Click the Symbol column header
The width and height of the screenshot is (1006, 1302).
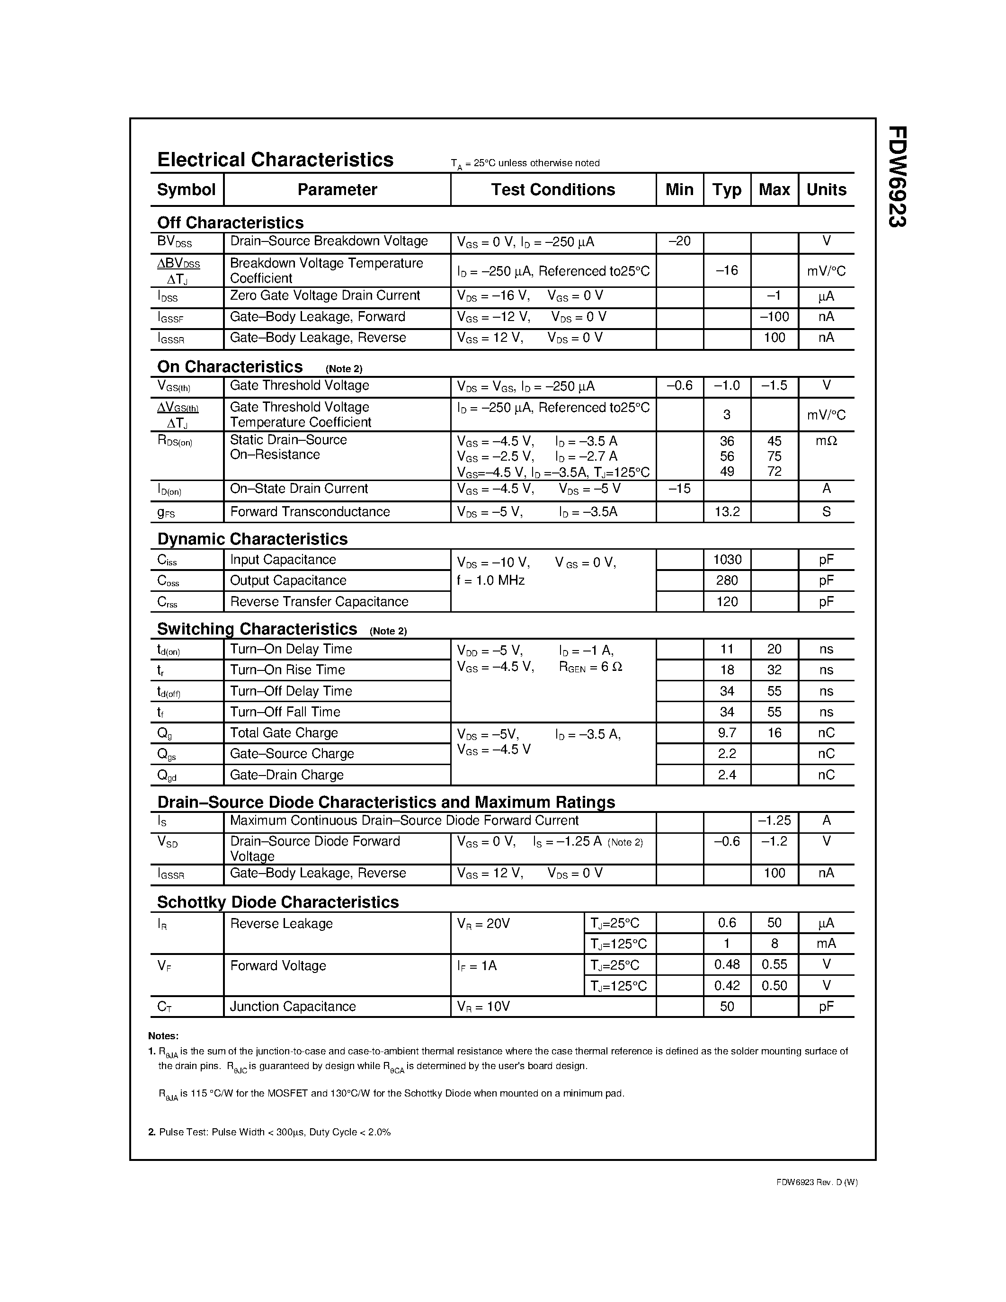(x=186, y=189)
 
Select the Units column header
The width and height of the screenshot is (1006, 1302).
(x=826, y=189)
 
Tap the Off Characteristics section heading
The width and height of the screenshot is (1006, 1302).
(x=230, y=223)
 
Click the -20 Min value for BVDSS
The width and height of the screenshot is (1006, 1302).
(x=679, y=241)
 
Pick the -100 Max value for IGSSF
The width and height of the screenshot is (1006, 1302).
(x=774, y=317)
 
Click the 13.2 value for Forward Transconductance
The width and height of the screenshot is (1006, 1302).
(x=727, y=511)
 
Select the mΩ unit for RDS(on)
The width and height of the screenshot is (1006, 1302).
(x=826, y=441)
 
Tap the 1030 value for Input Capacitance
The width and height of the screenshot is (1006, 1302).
(x=727, y=559)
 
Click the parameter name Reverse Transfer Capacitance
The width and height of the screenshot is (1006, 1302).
(x=319, y=601)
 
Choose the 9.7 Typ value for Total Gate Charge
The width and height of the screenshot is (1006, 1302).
(x=727, y=733)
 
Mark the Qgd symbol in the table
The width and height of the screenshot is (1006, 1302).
(x=166, y=775)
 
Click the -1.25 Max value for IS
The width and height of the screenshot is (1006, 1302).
(x=774, y=820)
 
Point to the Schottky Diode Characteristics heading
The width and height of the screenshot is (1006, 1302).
(x=278, y=902)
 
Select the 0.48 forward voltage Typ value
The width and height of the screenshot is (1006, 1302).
(x=727, y=964)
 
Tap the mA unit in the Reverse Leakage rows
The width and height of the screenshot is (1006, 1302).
(x=826, y=944)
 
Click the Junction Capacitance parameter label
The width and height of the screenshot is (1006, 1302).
(x=293, y=1006)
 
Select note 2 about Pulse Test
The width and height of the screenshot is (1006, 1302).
(x=269, y=1132)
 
